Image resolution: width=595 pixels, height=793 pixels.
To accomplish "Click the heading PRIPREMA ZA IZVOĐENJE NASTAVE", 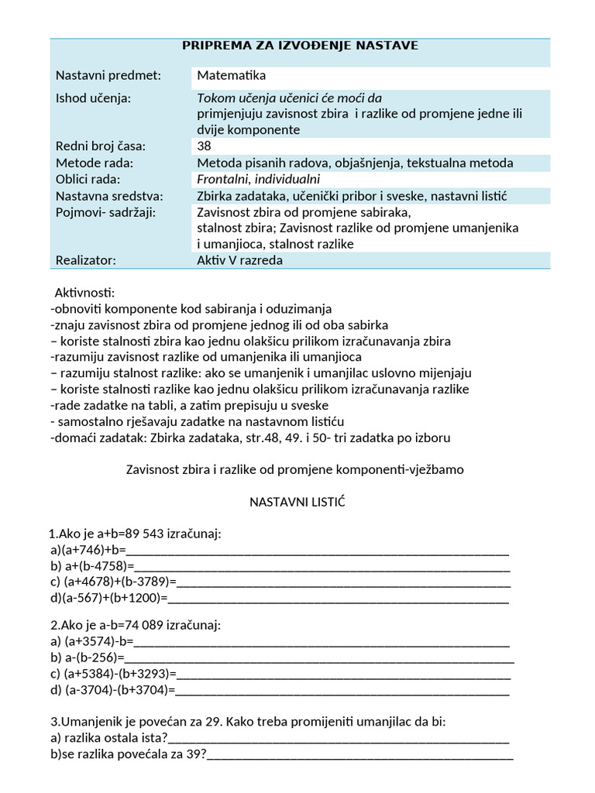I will [300, 46].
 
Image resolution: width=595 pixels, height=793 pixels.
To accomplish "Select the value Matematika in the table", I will [231, 76].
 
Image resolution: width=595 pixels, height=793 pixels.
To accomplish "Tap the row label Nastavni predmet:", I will [108, 76].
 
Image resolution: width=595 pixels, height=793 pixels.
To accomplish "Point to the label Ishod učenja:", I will [93, 98].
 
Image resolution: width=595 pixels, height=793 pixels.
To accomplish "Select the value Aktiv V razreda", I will [240, 260].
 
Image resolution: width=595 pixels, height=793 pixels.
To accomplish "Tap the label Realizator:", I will [85, 260].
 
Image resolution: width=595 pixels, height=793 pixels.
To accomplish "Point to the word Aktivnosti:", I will [84, 294].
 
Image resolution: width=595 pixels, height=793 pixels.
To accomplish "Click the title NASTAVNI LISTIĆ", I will [297, 503].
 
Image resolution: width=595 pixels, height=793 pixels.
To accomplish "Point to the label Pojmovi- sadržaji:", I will [105, 212].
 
